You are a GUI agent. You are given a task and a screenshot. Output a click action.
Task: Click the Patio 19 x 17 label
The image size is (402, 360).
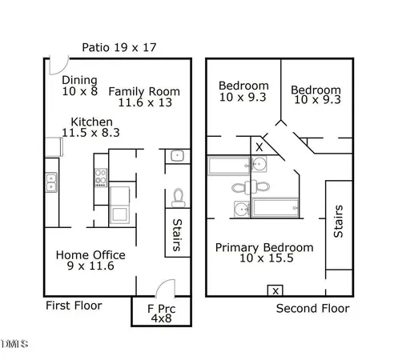119,47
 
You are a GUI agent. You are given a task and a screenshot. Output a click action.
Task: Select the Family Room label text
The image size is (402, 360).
144,97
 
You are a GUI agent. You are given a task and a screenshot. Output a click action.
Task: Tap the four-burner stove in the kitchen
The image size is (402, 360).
101,176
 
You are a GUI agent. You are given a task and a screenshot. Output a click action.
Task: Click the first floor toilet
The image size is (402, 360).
179,196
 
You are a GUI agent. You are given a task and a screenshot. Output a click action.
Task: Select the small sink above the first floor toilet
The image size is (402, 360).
177,156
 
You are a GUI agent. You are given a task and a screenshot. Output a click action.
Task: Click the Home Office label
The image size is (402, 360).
90,261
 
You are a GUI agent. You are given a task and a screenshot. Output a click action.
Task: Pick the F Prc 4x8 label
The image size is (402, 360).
161,313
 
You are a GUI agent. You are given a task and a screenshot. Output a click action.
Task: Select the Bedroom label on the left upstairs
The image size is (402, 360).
243,92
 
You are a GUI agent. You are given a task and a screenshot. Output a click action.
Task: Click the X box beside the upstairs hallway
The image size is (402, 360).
259,147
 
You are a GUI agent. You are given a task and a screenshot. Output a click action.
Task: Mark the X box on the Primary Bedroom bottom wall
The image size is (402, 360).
275,290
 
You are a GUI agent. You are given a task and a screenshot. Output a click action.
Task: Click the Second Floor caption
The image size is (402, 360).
312,308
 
